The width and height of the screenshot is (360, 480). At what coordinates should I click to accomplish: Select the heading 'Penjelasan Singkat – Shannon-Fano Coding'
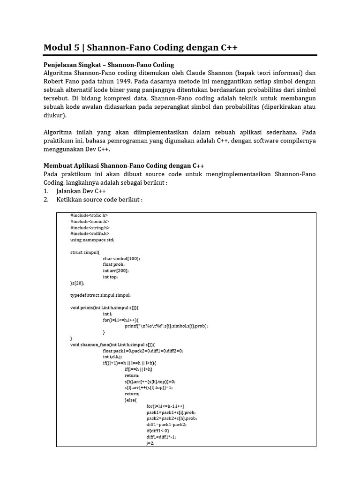pyautogui.click(x=109, y=65)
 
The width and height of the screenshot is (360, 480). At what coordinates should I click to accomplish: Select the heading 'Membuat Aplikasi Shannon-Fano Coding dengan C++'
pyautogui.click(x=124, y=166)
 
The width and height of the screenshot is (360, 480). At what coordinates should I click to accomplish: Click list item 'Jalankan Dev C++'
pyautogui.click(x=81, y=191)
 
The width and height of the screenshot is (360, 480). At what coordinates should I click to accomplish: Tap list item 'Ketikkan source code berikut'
pyautogui.click(x=99, y=200)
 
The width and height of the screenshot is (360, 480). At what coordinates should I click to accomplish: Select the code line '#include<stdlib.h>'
pyautogui.click(x=90, y=233)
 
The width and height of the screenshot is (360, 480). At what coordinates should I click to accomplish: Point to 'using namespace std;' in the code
pyautogui.click(x=92, y=240)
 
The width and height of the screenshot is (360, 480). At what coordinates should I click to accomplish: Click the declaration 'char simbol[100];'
pyautogui.click(x=121, y=258)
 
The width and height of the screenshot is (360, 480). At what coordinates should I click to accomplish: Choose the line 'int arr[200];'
pyautogui.click(x=116, y=270)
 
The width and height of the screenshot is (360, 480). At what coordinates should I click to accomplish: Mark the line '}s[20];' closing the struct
pyautogui.click(x=77, y=283)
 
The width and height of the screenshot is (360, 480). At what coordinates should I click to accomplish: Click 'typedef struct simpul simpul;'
pyautogui.click(x=101, y=295)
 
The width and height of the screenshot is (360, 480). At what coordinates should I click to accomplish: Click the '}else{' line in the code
pyautogui.click(x=132, y=400)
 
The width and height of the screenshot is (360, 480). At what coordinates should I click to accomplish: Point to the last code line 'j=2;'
pyautogui.click(x=151, y=442)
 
